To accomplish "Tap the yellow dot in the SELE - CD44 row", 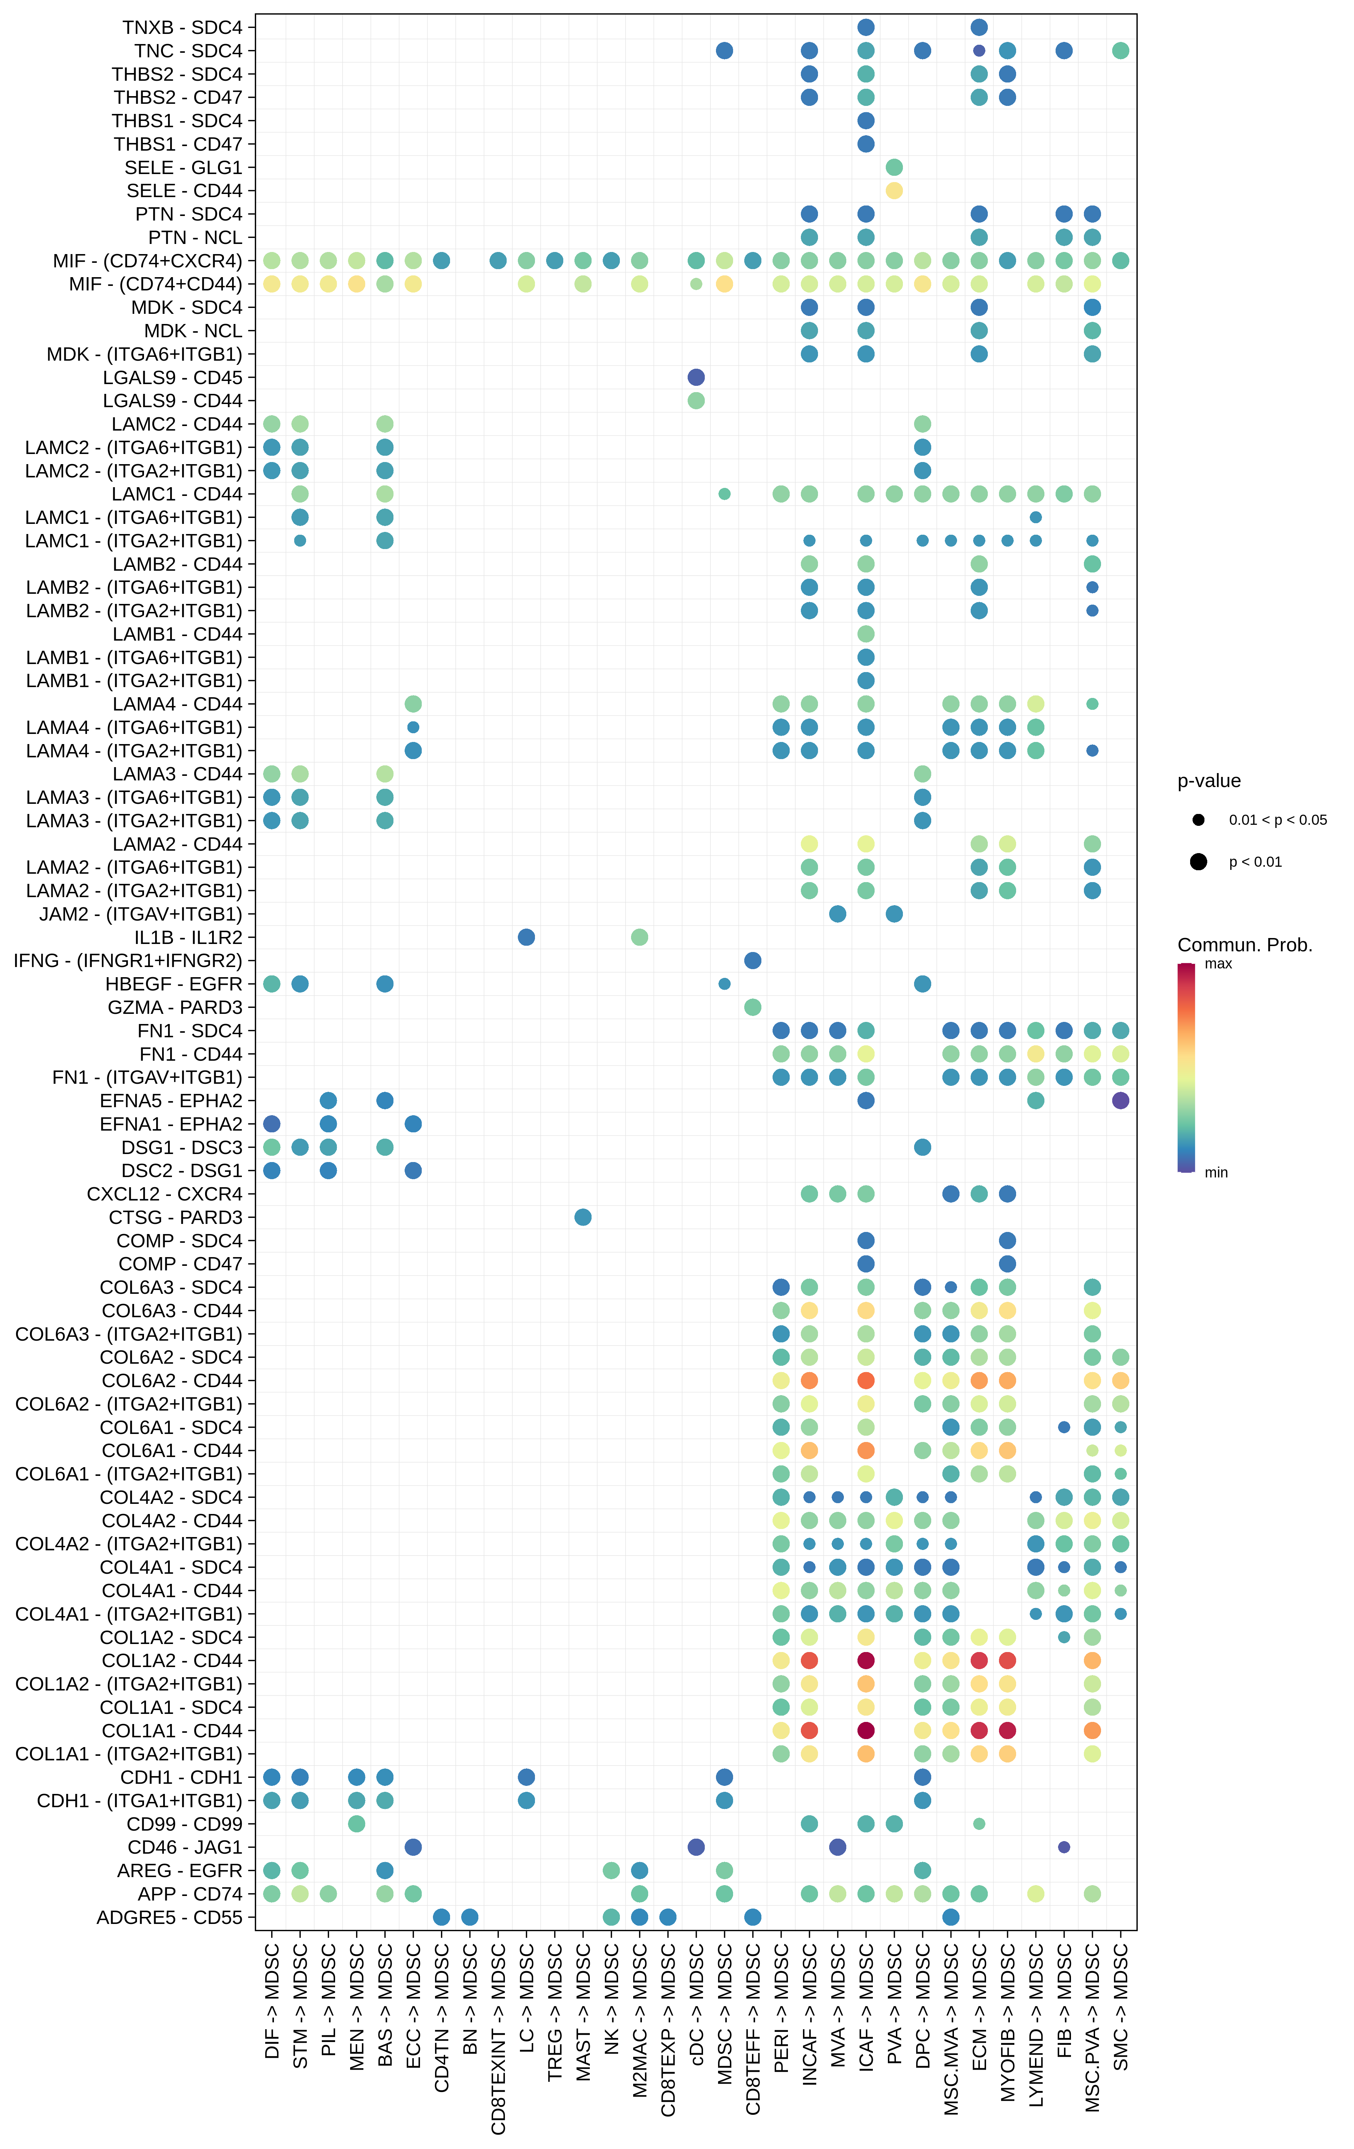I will pos(893,190).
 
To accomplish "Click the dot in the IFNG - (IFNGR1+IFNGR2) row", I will pos(752,960).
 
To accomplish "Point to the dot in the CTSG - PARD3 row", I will pos(583,1217).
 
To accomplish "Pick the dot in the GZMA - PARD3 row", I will pos(752,1007).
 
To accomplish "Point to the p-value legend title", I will pos(1209,781).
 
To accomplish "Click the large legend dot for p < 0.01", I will pos(1198,861).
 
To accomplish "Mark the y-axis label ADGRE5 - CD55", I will pos(169,1917).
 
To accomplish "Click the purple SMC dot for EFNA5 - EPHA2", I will pos(1121,1101).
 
